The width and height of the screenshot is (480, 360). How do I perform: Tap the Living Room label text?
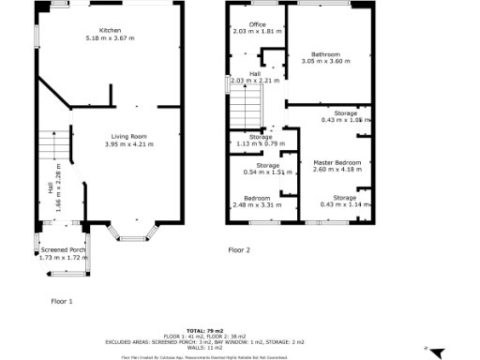point(128,137)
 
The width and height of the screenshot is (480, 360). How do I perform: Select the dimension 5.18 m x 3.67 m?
point(110,37)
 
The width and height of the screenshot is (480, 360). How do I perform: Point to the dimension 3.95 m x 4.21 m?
point(128,144)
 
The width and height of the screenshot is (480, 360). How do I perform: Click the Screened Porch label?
point(63,250)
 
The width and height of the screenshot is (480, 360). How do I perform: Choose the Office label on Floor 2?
point(259,24)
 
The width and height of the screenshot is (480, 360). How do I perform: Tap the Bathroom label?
point(325,54)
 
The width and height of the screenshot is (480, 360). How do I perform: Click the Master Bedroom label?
point(333,162)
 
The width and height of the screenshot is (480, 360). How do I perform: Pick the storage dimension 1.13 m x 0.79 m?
point(260,143)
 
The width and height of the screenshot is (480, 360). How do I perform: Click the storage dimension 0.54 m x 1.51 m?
point(260,172)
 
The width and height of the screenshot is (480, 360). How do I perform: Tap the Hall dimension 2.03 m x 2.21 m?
point(255,81)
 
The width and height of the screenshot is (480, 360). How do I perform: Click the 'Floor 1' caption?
point(62,301)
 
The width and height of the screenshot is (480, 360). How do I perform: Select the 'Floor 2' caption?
point(240,250)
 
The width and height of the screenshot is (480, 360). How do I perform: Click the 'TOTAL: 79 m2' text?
point(206,331)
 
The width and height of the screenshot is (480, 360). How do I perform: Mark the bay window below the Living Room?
point(131,236)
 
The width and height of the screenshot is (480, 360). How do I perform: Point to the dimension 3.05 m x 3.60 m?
point(325,62)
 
